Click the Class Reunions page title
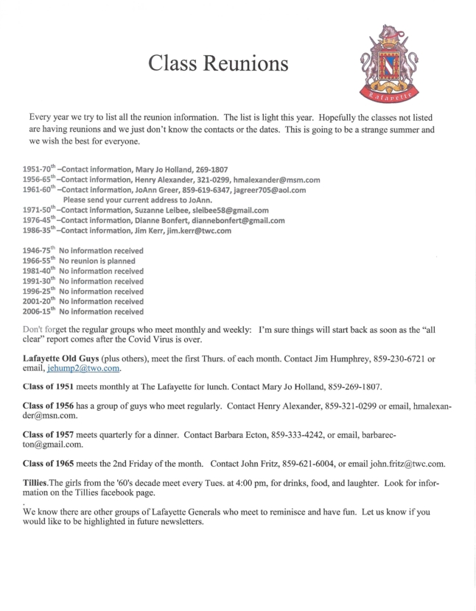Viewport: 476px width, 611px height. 217,65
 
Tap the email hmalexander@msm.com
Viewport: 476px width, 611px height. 276,180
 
